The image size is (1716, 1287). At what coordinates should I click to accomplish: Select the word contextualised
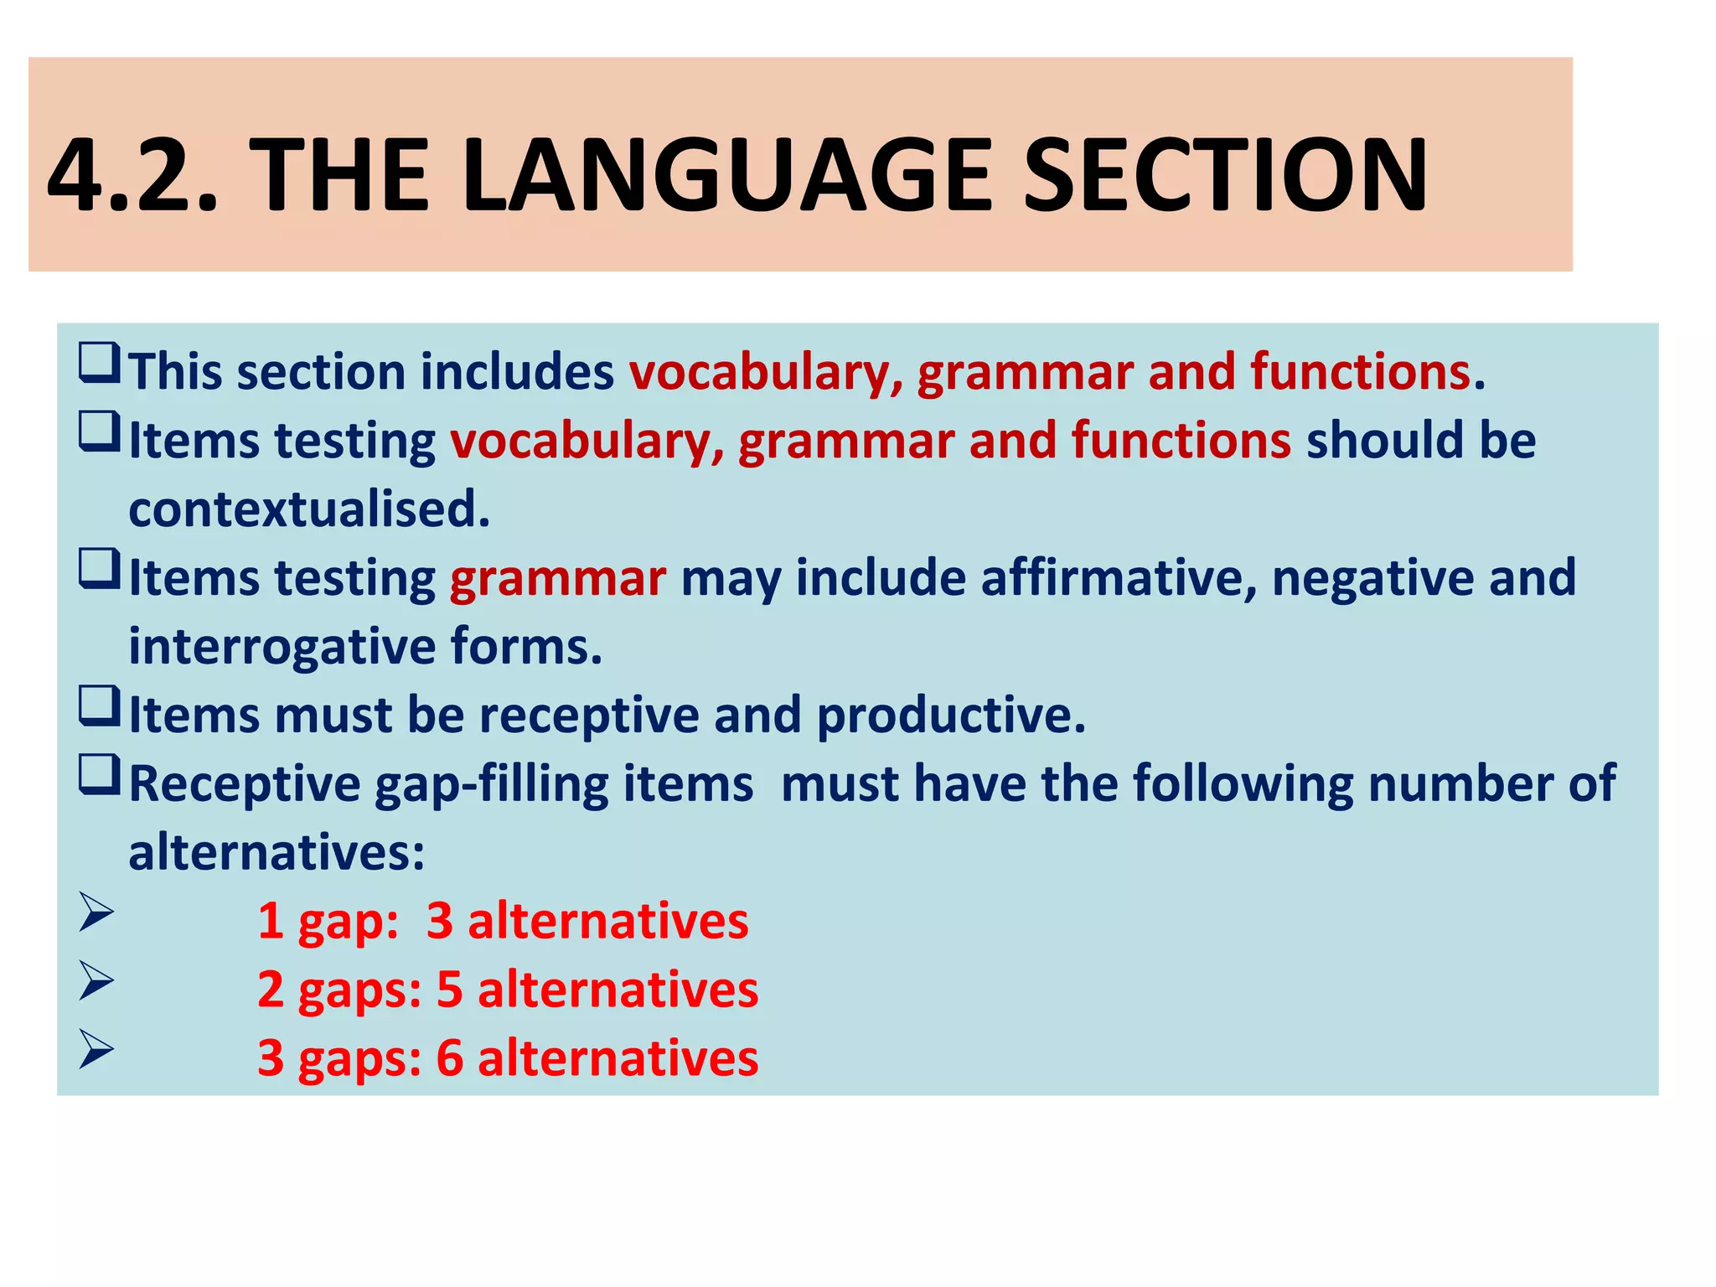tap(309, 509)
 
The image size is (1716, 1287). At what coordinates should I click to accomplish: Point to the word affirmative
tap(1119, 577)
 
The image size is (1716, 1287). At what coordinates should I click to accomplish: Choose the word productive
tap(950, 716)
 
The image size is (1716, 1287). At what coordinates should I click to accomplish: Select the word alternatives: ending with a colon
tap(277, 853)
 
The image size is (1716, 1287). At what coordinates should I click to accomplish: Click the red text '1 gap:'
tap(328, 921)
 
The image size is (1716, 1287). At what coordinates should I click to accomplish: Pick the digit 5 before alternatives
tap(450, 990)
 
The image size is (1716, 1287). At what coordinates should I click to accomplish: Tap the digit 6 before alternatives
tap(450, 1058)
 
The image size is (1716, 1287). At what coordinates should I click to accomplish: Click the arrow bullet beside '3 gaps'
tap(96, 1051)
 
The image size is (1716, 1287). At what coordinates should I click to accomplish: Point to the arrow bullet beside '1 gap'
tap(96, 913)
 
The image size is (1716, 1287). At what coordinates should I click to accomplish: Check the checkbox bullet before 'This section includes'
tap(99, 364)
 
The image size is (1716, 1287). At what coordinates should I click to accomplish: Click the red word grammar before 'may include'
tap(558, 578)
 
